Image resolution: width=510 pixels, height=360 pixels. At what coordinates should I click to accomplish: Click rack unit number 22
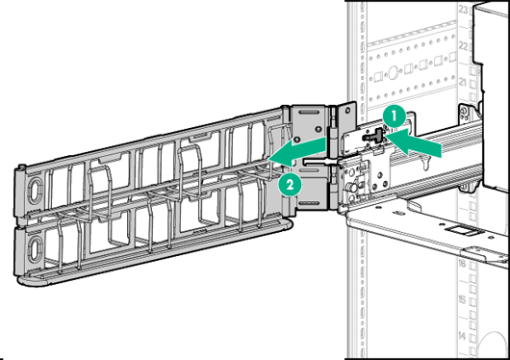click(x=472, y=46)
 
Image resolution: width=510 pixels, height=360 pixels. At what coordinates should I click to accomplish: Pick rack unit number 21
click(x=472, y=84)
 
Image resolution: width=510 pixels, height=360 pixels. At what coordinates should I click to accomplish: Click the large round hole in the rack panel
click(x=392, y=72)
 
